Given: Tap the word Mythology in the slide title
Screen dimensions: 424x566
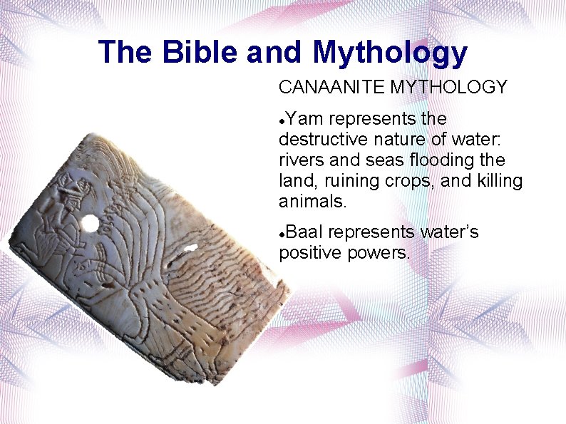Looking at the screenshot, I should tap(389, 53).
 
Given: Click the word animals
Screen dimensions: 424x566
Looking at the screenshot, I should tap(311, 202).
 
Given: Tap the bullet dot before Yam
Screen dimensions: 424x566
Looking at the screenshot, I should tap(283, 120).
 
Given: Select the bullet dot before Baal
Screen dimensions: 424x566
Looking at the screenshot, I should tap(283, 234).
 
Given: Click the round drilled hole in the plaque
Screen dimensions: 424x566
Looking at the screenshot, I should tap(89, 224).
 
